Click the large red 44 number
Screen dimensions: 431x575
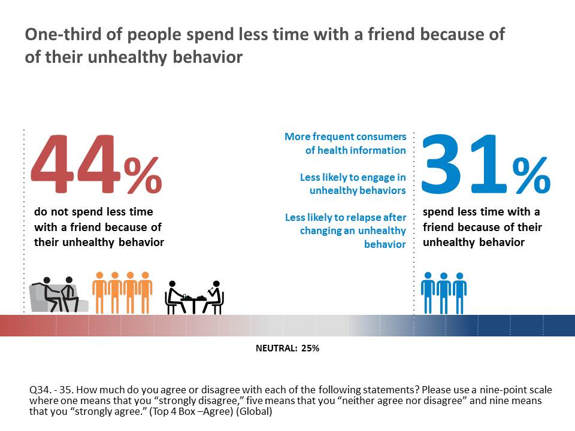(75, 166)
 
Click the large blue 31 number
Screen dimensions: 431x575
(467, 165)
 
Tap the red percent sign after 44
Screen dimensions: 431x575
(143, 175)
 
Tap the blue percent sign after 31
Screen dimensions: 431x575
(531, 175)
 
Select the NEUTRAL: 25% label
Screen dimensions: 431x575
(287, 348)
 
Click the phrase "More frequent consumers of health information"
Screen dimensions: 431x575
(346, 144)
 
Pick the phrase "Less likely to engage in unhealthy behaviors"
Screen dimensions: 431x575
(353, 184)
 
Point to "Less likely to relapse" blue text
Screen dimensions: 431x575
(346, 218)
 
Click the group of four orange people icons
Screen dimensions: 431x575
(122, 292)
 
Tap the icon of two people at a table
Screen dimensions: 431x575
(194, 297)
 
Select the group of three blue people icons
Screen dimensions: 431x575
(443, 293)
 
